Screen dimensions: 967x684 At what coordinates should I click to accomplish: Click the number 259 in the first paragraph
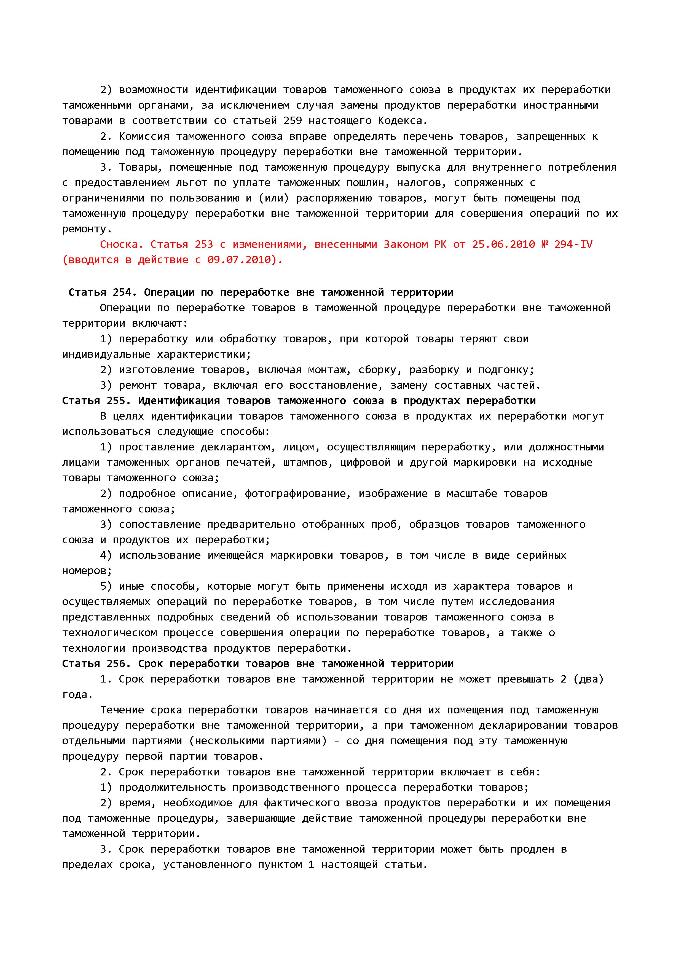(x=293, y=121)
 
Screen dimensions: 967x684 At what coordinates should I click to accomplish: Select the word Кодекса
(x=402, y=121)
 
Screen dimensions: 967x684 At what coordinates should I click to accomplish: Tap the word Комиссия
(x=144, y=136)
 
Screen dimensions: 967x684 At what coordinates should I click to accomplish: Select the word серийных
(x=542, y=555)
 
